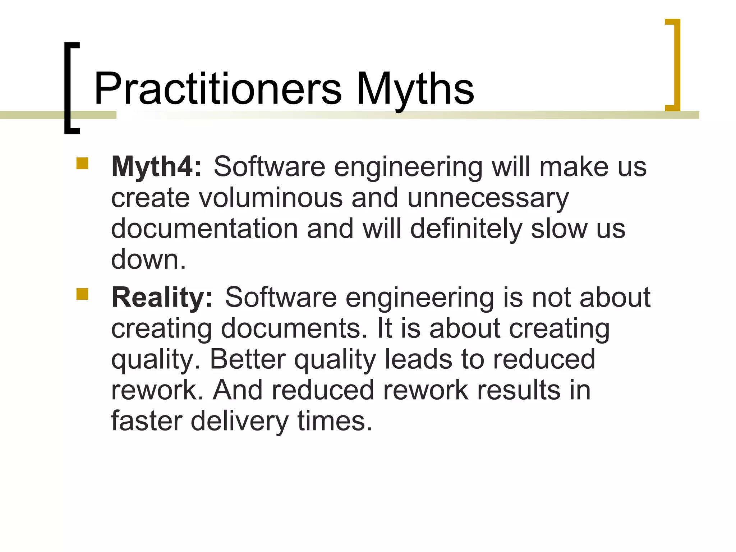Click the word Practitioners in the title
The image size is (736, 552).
click(218, 89)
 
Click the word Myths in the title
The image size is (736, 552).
click(415, 89)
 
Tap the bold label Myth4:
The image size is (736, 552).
click(157, 166)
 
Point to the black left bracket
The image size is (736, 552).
click(71, 88)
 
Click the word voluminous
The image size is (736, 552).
click(271, 198)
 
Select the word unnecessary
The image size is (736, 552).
click(488, 198)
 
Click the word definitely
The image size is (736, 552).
click(466, 229)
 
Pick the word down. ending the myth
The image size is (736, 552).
click(148, 259)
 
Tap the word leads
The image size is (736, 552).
click(418, 359)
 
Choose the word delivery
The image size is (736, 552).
click(239, 421)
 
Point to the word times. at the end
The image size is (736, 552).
click(335, 421)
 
